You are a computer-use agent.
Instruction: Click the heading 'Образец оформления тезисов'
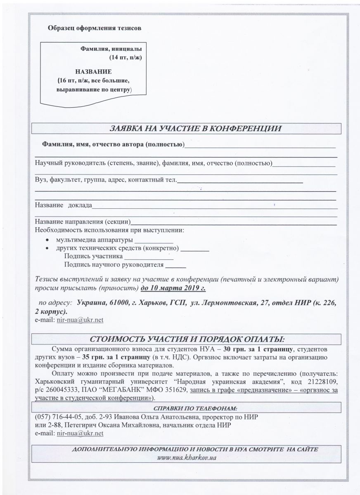click(95, 28)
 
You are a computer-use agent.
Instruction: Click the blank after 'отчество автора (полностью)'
click(260, 145)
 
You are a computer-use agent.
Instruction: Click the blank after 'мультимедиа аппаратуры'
click(154, 240)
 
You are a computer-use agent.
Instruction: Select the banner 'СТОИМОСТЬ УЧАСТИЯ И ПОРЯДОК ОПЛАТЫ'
click(187, 339)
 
